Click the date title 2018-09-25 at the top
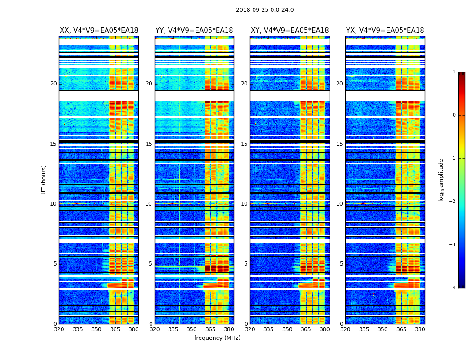(x=265, y=10)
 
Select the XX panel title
(x=99, y=31)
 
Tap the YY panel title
(x=194, y=31)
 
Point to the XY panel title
(x=289, y=31)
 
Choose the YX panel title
(x=385, y=31)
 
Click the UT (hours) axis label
(x=44, y=180)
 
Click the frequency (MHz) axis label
(x=217, y=338)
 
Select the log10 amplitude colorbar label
(x=441, y=180)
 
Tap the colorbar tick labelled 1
(x=454, y=72)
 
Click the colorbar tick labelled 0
(x=454, y=115)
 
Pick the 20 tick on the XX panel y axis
(x=53, y=84)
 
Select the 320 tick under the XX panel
(x=59, y=329)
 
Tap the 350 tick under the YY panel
(x=192, y=329)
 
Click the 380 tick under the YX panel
(x=420, y=329)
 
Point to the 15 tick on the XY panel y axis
(x=245, y=144)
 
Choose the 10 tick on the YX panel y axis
(x=340, y=204)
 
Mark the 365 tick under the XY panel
(x=306, y=329)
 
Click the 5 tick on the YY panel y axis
(x=151, y=264)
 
